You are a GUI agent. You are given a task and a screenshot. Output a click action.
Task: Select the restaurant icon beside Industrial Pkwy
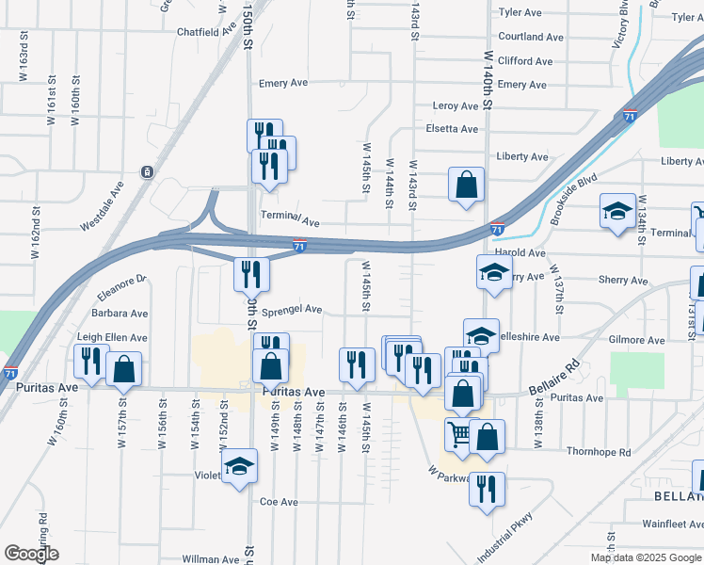[x=488, y=489]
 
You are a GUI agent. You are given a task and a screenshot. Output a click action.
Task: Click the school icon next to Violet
[x=239, y=466]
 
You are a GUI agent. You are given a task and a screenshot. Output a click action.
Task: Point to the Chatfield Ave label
[x=206, y=31]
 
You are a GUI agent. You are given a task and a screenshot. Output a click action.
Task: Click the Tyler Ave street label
[x=520, y=13]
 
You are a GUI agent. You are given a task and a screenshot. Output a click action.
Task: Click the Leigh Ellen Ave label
[x=112, y=337]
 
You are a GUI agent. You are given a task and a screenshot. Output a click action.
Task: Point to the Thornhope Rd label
[x=599, y=453]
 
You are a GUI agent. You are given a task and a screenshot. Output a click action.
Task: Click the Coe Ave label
[x=279, y=502]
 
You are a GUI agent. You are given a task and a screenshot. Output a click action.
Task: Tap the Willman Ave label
[x=210, y=559]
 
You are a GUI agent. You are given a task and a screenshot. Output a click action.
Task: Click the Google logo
[x=31, y=554]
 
